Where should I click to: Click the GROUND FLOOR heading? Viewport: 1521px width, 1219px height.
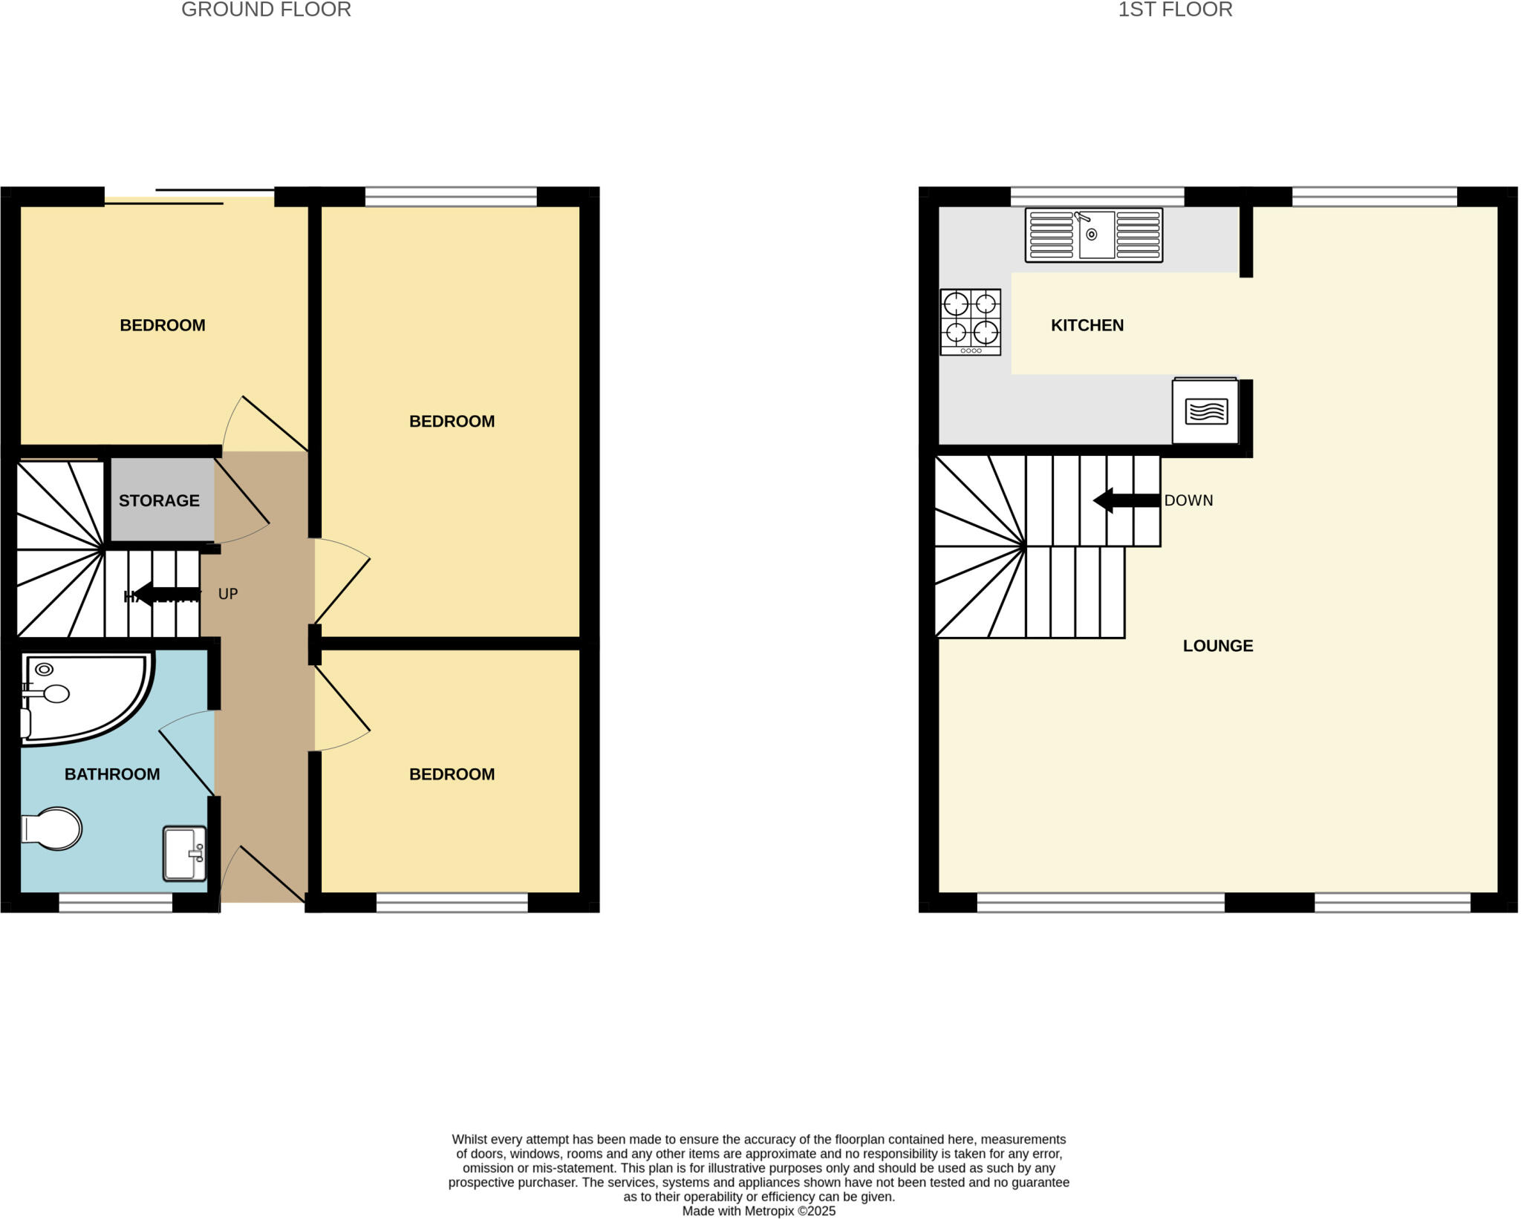click(x=266, y=10)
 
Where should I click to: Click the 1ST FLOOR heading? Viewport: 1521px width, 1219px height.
click(x=1175, y=10)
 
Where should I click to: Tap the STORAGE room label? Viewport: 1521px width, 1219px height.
click(x=159, y=500)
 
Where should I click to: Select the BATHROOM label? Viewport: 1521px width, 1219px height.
click(x=112, y=774)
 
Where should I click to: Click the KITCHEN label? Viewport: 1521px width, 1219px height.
click(x=1087, y=325)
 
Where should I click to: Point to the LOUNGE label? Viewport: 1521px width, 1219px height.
click(x=1218, y=646)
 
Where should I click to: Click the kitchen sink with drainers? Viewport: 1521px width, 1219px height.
click(x=1093, y=235)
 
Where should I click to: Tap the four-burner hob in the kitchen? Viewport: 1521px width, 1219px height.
click(x=971, y=322)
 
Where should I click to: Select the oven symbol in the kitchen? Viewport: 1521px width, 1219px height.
click(x=1205, y=411)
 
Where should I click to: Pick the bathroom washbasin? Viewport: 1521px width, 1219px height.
click(x=185, y=854)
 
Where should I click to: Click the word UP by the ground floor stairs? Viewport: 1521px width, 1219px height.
click(x=228, y=594)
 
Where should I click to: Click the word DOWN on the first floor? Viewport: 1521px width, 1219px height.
click(x=1188, y=500)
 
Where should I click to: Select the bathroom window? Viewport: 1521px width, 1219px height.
click(x=116, y=902)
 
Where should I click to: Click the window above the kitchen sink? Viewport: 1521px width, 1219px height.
click(x=1097, y=197)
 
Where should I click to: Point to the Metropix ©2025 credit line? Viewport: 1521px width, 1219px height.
click(x=758, y=1212)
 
